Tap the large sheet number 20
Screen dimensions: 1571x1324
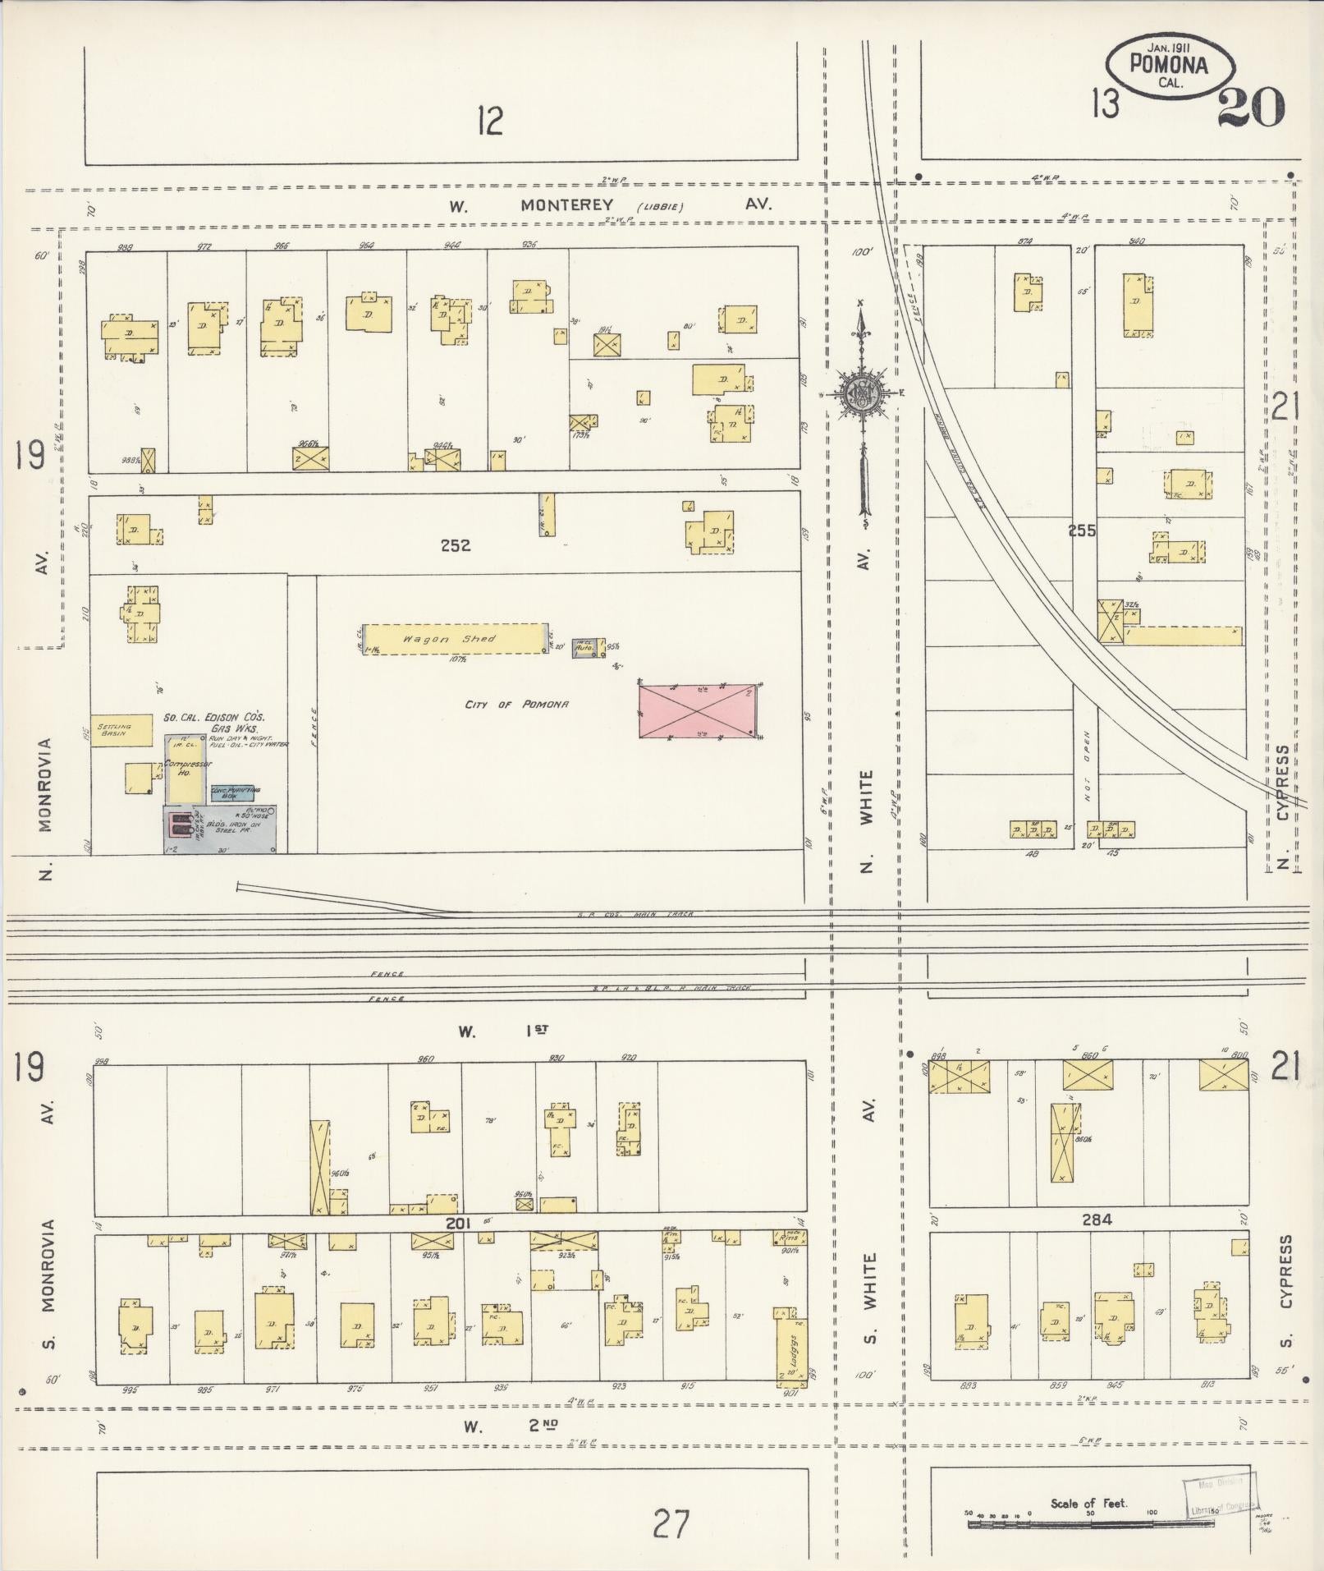pyautogui.click(x=1250, y=108)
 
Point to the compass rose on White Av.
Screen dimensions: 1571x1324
pyautogui.click(x=862, y=393)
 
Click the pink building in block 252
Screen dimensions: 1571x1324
pyautogui.click(x=699, y=710)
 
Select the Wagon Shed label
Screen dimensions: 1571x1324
pyautogui.click(x=449, y=639)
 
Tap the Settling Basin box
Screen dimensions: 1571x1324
pyautogui.click(x=122, y=729)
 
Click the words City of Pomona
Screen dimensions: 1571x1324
pyautogui.click(x=516, y=704)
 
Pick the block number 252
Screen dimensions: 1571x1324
pyautogui.click(x=455, y=545)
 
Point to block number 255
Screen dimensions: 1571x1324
pyautogui.click(x=1082, y=531)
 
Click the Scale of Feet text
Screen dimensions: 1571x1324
pyautogui.click(x=1088, y=1504)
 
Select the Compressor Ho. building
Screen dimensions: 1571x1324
pyautogui.click(x=186, y=769)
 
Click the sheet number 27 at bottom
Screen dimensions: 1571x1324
pyautogui.click(x=671, y=1524)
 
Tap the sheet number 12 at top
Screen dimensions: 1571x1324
pyautogui.click(x=489, y=122)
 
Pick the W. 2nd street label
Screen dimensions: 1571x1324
pyautogui.click(x=509, y=1426)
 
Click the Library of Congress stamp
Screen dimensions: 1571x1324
pyautogui.click(x=1218, y=1495)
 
